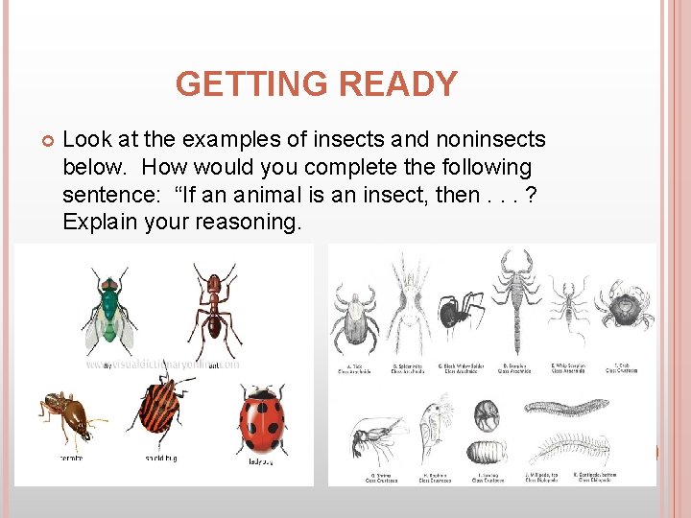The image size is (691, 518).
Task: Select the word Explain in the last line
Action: (101, 223)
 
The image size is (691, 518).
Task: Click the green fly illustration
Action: (108, 312)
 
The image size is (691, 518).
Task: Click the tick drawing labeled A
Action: (357, 318)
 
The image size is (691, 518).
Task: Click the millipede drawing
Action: (566, 409)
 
